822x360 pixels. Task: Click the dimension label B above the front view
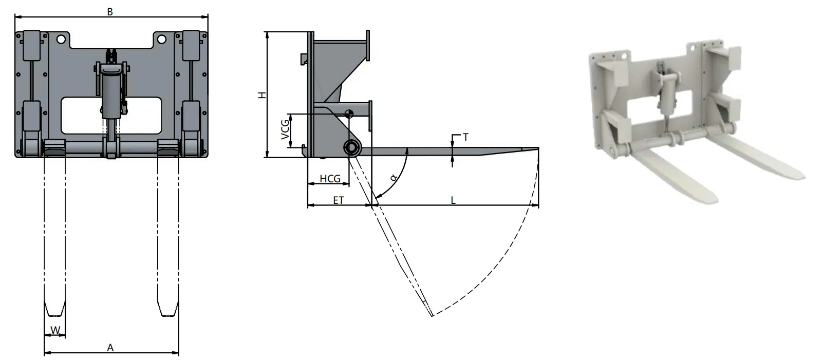coord(110,11)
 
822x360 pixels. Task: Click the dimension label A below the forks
coord(110,348)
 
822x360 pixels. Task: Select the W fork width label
coord(55,329)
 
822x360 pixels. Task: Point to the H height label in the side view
coord(261,96)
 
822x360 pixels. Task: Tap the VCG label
coord(284,130)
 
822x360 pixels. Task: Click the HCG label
coord(330,179)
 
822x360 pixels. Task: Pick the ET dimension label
coord(338,201)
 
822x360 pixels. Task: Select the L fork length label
coord(453,201)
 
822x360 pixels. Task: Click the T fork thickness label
coord(465,137)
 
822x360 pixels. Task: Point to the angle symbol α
coord(393,178)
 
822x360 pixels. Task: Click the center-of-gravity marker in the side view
coord(349,114)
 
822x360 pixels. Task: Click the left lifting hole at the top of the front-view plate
coord(61,39)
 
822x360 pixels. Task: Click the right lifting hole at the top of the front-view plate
coord(161,39)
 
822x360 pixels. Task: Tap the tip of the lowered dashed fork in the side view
coord(431,314)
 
